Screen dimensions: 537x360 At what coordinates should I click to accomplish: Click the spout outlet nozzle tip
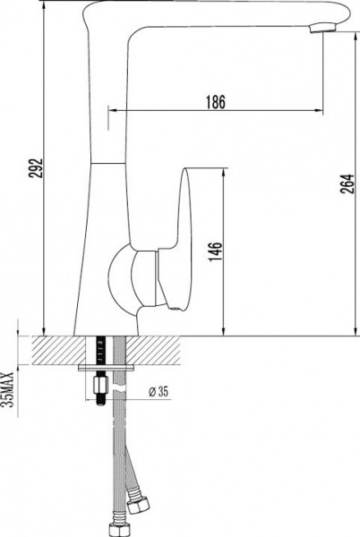coord(321,30)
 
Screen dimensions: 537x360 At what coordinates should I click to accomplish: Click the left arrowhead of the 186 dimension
coord(112,111)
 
